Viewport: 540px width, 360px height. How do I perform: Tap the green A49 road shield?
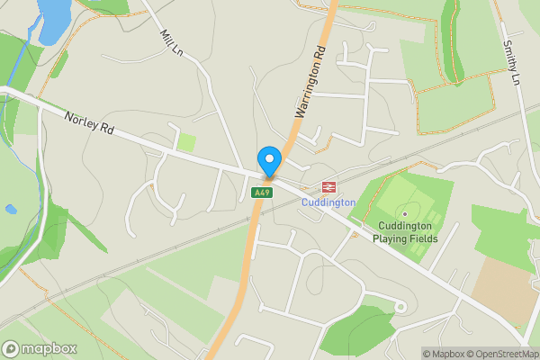point(261,193)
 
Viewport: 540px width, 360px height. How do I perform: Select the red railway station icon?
point(329,187)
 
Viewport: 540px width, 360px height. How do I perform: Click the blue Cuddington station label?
point(328,202)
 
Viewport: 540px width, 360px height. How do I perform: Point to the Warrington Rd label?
point(309,84)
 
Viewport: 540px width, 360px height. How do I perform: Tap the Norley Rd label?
point(88,124)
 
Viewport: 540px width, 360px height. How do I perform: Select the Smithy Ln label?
point(511,62)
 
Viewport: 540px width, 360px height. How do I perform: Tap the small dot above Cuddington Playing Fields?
point(405,213)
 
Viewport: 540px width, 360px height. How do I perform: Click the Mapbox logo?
point(40,349)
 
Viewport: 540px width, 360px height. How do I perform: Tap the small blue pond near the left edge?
point(10,209)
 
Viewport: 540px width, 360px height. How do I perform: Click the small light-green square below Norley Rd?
point(186,141)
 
